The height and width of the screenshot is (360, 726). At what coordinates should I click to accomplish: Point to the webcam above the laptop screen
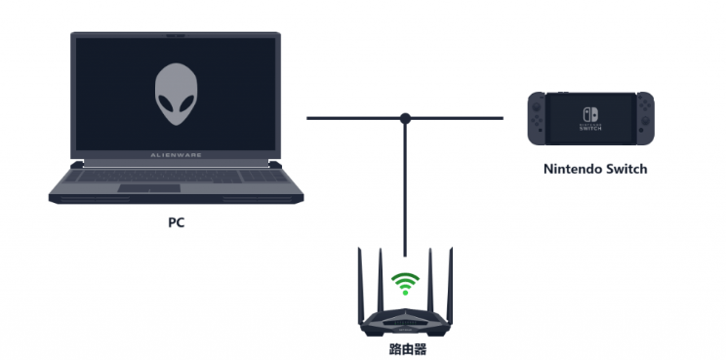(x=176, y=35)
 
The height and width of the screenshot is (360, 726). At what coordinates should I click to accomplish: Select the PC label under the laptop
(x=176, y=222)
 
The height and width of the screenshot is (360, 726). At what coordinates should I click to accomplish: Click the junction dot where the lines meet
(x=405, y=118)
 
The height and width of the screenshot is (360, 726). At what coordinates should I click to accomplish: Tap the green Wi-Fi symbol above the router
(x=404, y=284)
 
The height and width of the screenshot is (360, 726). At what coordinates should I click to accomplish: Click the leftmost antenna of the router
(x=359, y=278)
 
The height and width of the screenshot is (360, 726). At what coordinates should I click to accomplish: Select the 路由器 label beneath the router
(x=404, y=347)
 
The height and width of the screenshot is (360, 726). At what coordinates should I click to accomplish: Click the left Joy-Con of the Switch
(x=537, y=118)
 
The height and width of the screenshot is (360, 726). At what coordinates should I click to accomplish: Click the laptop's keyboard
(x=176, y=173)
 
